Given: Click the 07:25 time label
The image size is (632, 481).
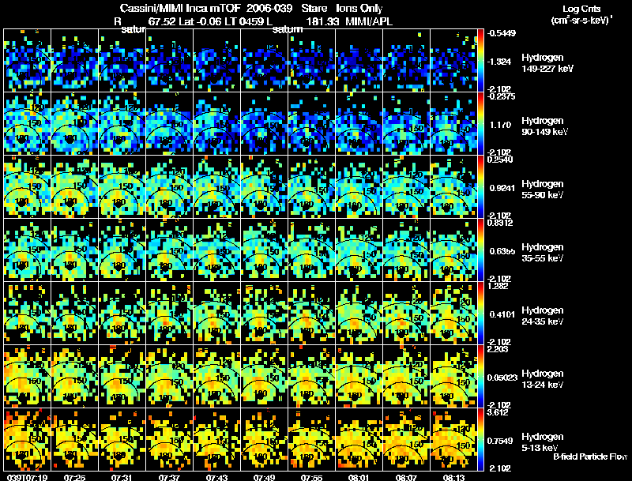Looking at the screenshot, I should (75, 477).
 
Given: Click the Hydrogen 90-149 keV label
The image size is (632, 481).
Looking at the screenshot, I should (546, 126).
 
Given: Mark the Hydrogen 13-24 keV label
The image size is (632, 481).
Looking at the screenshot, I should (544, 378).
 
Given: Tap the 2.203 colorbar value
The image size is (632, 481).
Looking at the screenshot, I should (498, 349).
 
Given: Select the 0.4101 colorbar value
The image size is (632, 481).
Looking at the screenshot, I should (500, 314).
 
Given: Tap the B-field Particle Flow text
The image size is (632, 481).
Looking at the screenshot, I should (589, 457).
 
